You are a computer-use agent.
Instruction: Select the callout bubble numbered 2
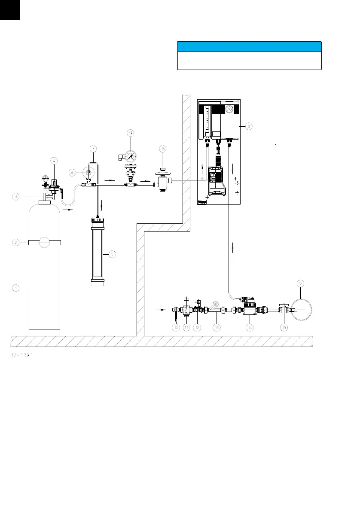14,242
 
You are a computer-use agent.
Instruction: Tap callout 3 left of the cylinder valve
15,197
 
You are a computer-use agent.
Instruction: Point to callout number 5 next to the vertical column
112,254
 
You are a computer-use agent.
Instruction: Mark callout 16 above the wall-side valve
162,149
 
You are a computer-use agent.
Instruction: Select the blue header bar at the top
250,46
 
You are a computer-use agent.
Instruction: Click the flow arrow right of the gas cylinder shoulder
68,210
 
